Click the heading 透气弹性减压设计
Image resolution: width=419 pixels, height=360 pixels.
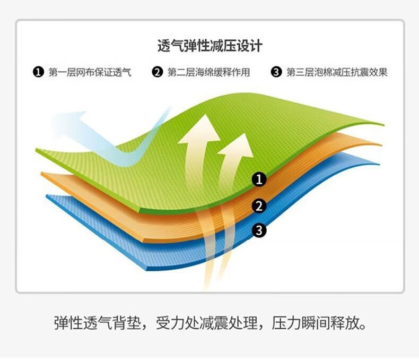click(x=210, y=46)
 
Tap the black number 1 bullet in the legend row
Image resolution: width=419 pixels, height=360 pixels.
click(x=38, y=72)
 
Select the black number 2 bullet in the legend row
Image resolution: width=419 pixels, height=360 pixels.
click(x=157, y=72)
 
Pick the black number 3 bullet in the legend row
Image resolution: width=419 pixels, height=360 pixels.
click(x=276, y=72)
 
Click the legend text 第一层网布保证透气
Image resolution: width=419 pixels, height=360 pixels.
click(x=90, y=72)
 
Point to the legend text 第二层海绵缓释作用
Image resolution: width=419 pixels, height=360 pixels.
click(x=208, y=72)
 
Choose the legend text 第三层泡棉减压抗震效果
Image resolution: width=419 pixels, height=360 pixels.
click(x=337, y=72)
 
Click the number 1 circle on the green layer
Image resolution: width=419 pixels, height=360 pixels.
click(x=259, y=179)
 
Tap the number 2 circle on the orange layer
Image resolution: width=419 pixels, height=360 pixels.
click(x=259, y=206)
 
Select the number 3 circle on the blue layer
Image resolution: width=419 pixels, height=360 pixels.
click(x=259, y=230)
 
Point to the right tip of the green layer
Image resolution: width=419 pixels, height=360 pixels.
click(x=383, y=125)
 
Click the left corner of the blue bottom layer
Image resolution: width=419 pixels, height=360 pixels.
click(x=47, y=196)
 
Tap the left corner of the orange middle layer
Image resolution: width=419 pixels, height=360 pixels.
click(x=41, y=174)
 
